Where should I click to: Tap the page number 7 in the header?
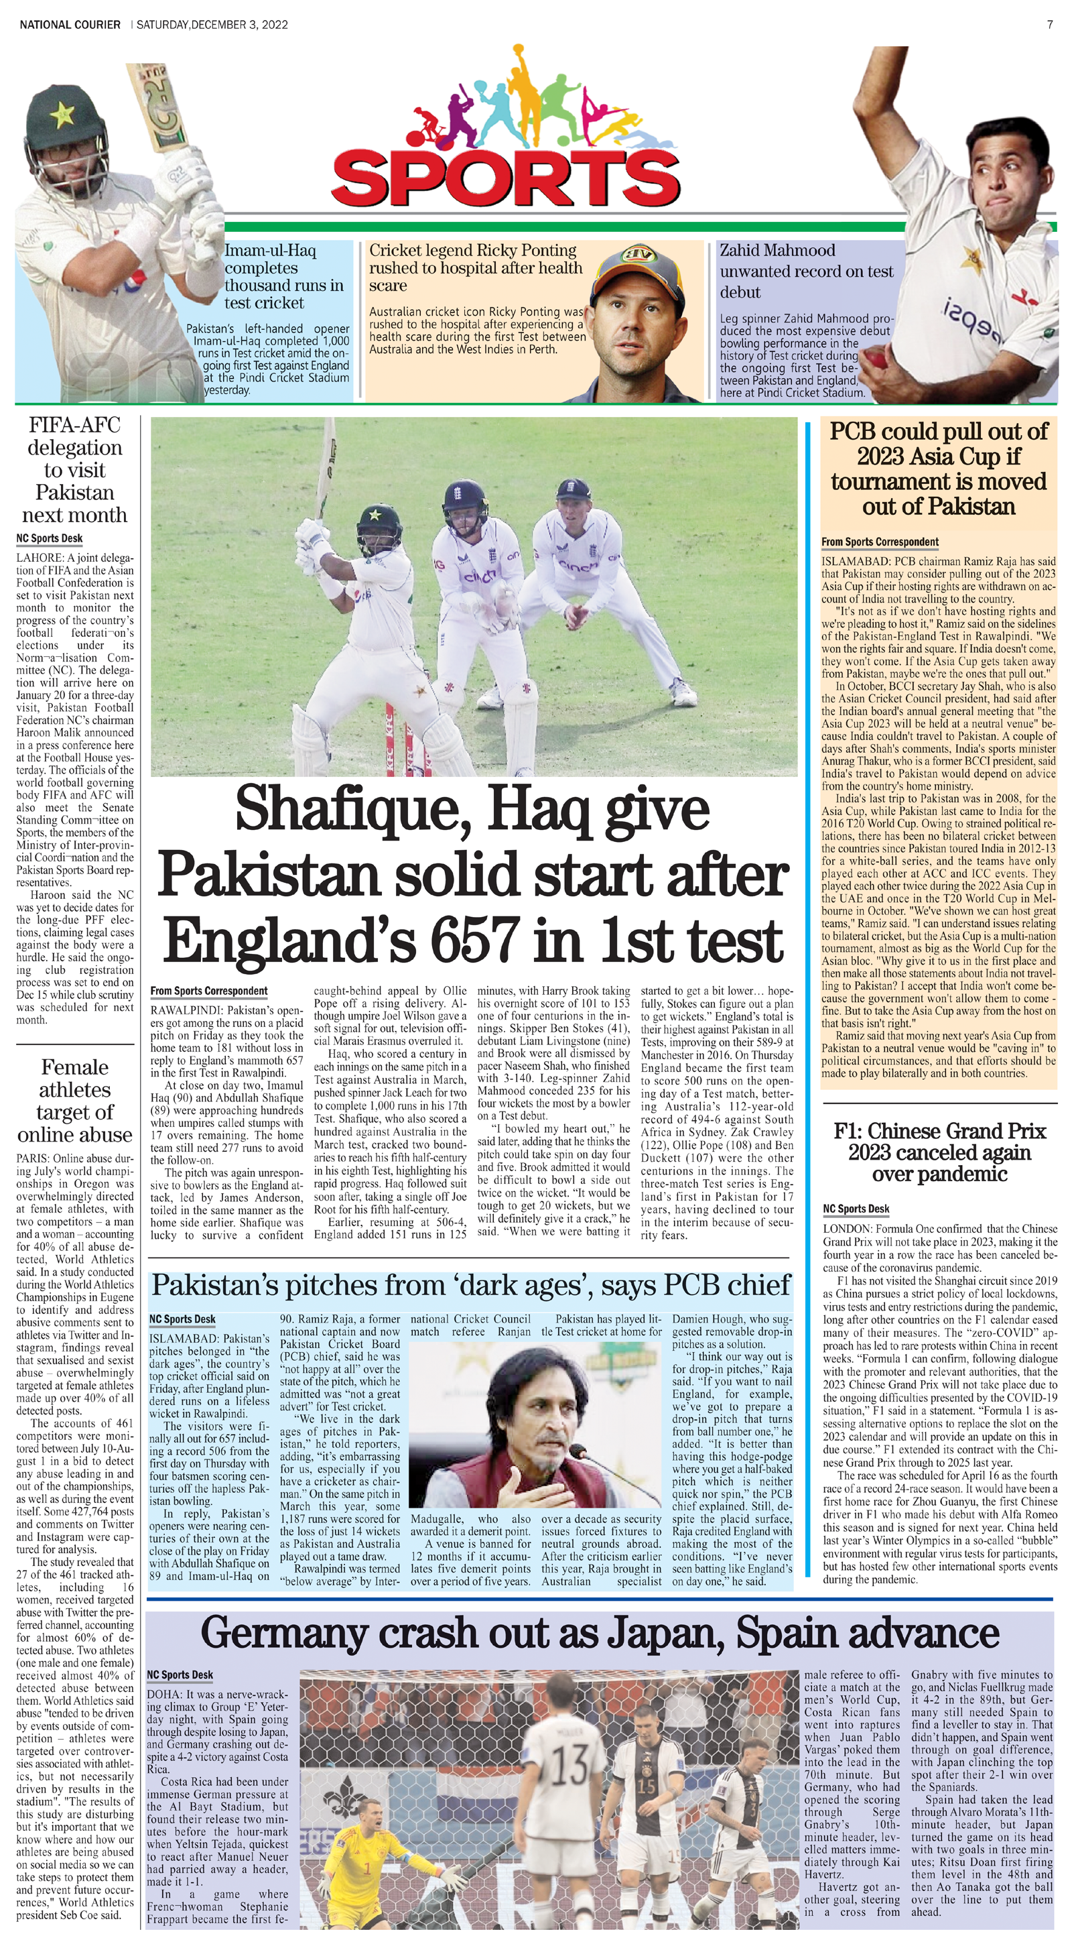[x=1049, y=24]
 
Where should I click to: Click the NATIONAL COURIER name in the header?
[x=70, y=24]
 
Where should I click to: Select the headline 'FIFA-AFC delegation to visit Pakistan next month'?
[x=74, y=469]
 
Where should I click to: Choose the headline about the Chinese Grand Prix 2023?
[x=939, y=1152]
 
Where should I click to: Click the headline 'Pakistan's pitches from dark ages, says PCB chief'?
[x=471, y=1284]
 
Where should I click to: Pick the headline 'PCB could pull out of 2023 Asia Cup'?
[x=939, y=468]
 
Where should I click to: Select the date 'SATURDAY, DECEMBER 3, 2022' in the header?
[x=211, y=24]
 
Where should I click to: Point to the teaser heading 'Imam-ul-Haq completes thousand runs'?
[x=283, y=276]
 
